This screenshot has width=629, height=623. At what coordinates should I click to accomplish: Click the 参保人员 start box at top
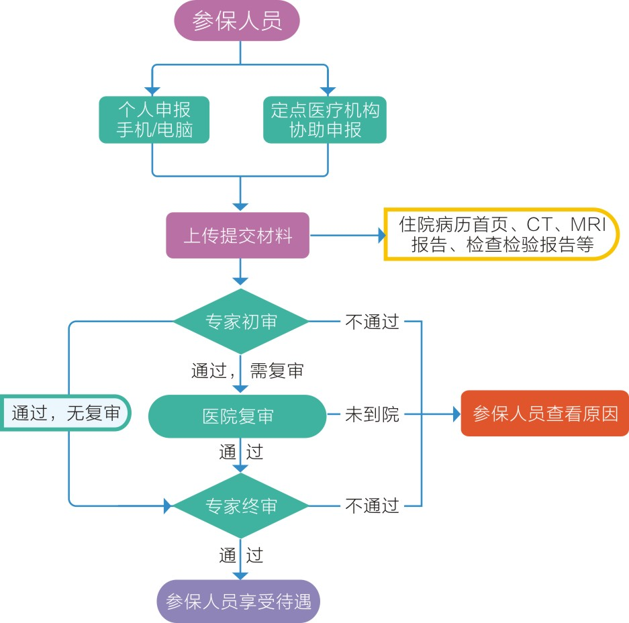236,21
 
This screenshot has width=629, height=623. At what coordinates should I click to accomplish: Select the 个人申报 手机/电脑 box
154,119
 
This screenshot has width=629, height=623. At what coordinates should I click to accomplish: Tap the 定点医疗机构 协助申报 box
325,119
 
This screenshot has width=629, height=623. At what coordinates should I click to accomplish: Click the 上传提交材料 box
238,236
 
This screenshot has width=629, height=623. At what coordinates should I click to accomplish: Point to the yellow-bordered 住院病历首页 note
501,234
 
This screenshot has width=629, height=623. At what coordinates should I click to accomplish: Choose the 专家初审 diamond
241,322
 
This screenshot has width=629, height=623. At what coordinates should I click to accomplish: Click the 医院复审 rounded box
238,416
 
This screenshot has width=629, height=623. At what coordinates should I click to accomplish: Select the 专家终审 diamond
241,506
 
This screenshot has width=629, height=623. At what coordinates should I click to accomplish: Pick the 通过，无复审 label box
65,413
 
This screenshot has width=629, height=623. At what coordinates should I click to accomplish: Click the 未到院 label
372,415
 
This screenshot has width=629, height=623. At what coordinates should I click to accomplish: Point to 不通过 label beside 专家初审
372,322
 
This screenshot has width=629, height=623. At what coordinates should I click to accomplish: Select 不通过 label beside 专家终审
372,506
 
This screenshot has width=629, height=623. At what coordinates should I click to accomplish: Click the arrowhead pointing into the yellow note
382,236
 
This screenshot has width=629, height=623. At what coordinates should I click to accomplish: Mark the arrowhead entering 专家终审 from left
168,506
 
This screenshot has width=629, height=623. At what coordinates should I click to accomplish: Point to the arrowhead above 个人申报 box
153,91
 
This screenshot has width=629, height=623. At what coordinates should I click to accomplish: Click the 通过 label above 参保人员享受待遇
241,555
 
